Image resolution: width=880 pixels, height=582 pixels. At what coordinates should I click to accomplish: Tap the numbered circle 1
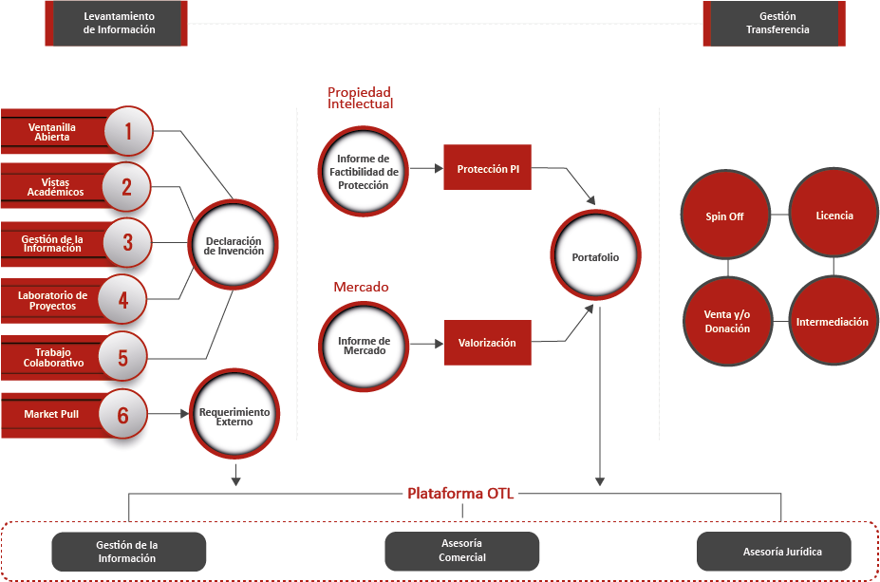(127, 131)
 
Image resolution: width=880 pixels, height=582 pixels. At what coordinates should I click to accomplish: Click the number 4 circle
(122, 300)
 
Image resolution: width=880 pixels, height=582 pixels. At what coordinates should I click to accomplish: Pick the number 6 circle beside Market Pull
(122, 414)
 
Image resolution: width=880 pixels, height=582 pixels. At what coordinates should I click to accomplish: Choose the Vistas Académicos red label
(56, 187)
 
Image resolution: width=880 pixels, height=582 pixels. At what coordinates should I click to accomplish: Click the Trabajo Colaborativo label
(54, 358)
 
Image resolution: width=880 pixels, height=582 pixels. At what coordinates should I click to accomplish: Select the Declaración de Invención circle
(234, 246)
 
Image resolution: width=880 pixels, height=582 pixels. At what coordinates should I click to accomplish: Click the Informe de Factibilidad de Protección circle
(364, 171)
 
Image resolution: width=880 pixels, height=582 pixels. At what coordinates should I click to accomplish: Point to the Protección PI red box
(488, 169)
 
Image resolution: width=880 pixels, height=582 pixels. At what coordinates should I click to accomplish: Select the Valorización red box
(487, 343)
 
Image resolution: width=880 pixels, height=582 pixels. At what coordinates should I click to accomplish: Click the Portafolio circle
(595, 256)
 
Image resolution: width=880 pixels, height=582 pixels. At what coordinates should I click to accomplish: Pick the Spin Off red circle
(724, 216)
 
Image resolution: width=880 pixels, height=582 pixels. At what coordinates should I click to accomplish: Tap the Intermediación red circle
(832, 322)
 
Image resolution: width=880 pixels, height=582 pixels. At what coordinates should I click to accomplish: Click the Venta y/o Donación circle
(726, 322)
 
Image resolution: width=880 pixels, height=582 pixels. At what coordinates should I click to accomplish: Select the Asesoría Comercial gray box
(461, 551)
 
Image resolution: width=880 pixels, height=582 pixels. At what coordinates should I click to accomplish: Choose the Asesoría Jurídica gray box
(774, 551)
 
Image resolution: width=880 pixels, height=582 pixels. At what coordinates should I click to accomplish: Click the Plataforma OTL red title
(460, 494)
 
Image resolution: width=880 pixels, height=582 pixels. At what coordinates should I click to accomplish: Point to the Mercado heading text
(361, 287)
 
